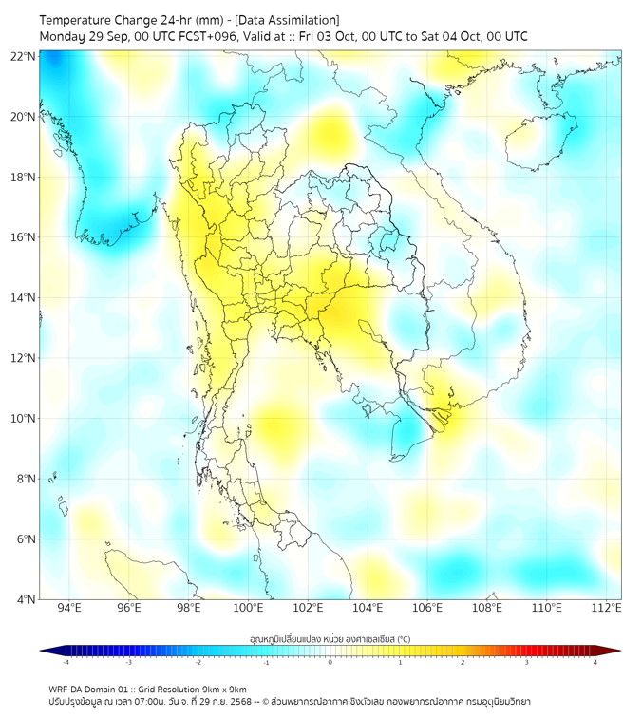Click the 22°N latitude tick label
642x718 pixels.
pos(23,57)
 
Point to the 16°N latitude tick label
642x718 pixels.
pos(23,237)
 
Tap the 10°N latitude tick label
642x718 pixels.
pos(23,419)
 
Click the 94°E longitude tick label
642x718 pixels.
pos(69,609)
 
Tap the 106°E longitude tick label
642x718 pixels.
pos(427,609)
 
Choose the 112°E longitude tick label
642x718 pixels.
pos(606,609)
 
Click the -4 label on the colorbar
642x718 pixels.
pos(66,662)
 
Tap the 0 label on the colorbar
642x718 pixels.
pos(330,662)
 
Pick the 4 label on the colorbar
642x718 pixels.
pos(595,662)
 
